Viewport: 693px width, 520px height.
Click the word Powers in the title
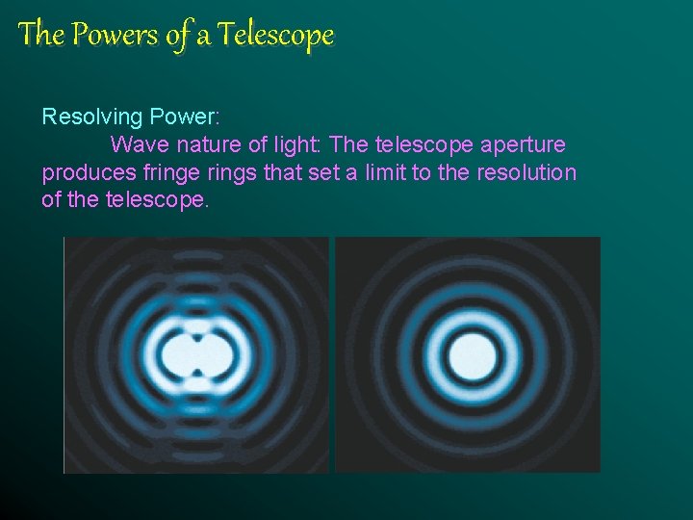(101, 36)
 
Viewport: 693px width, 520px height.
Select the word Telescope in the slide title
(275, 36)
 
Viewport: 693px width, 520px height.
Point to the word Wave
(136, 145)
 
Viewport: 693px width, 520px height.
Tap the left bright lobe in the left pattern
(174, 355)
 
